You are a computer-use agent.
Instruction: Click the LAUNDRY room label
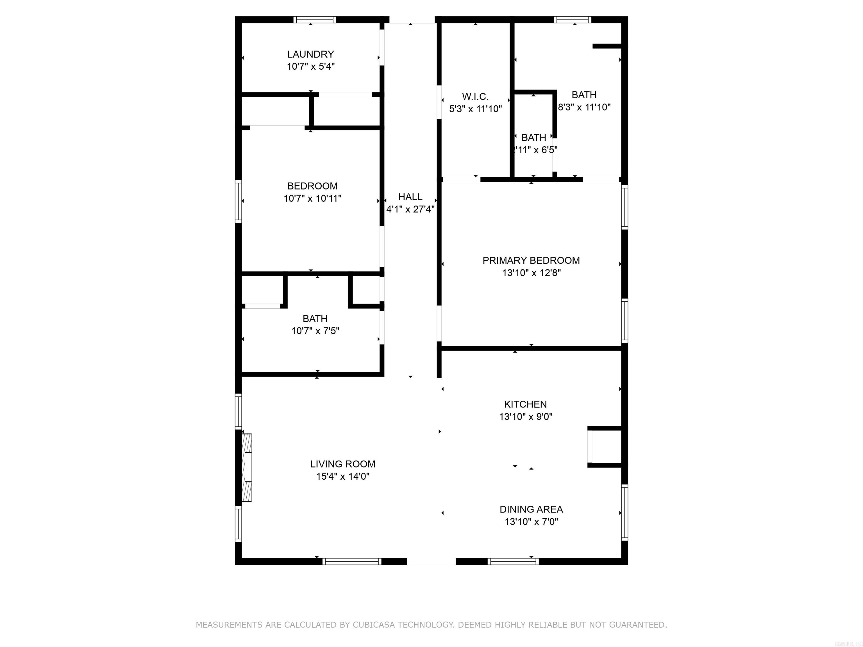point(310,54)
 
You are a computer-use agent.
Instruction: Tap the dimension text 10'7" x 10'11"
point(312,199)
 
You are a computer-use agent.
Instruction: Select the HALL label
point(410,197)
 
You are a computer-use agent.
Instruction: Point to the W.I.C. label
point(475,97)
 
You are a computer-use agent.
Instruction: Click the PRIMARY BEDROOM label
point(531,261)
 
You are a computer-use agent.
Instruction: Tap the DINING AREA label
point(531,509)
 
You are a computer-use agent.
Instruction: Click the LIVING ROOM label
point(342,464)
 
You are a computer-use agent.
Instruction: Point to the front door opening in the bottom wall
point(431,562)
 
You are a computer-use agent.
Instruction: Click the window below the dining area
point(513,562)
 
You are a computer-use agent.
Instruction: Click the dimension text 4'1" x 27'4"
point(410,209)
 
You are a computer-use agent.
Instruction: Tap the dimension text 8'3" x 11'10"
point(584,107)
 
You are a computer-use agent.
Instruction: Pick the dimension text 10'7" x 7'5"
point(315,331)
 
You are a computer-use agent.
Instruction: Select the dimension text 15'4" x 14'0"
point(342,477)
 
